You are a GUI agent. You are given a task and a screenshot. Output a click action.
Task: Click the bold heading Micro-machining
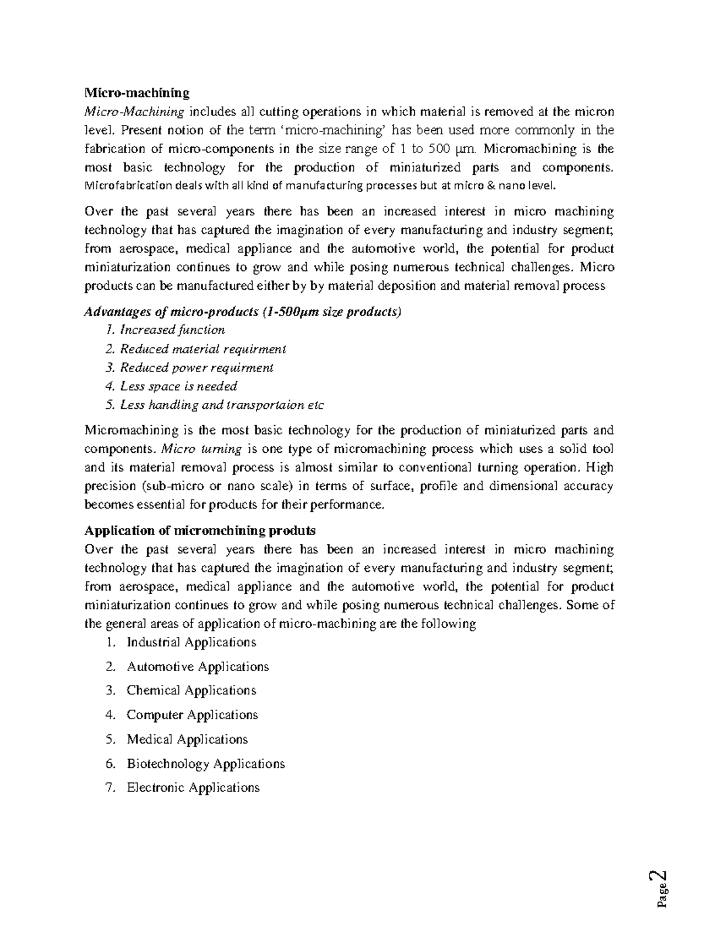pyautogui.click(x=137, y=93)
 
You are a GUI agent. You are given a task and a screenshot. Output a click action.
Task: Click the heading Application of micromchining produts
pyautogui.click(x=200, y=530)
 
